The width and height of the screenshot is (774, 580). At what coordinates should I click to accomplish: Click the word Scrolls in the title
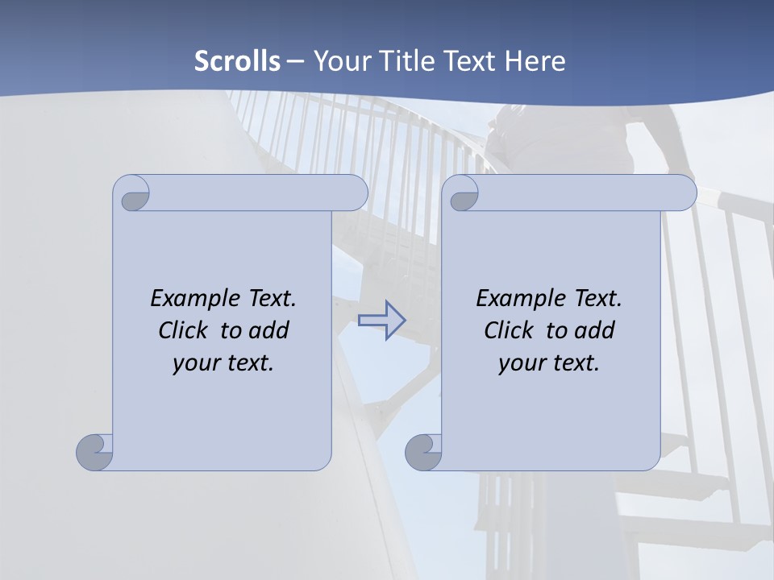(238, 61)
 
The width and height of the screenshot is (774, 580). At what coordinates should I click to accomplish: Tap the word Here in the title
(535, 61)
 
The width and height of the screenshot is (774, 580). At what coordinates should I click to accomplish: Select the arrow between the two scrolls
(381, 321)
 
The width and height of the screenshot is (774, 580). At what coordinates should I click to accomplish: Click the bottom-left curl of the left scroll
(95, 451)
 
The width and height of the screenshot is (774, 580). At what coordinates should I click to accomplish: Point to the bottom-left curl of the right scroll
(422, 451)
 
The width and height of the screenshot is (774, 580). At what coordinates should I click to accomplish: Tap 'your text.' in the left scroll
(223, 362)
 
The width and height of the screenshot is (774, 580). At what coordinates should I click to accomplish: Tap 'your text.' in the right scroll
(549, 362)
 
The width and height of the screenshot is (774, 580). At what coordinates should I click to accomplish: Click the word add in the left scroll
(269, 330)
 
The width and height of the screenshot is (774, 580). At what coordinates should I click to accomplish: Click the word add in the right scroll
(595, 330)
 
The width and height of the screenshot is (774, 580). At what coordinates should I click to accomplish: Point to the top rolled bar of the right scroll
(580, 193)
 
